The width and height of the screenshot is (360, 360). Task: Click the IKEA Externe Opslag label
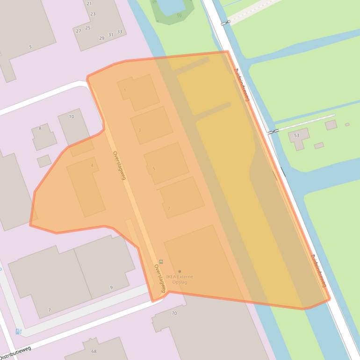(179, 279)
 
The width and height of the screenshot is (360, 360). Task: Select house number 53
(296, 135)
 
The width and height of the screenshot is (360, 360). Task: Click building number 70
(174, 313)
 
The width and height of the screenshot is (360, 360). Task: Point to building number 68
(94, 351)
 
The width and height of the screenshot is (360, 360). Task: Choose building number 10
(72, 116)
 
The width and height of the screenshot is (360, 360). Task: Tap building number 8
(40, 128)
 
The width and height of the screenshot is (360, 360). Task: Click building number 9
(111, 288)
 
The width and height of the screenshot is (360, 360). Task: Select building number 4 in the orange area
(92, 165)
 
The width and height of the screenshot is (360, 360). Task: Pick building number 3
(140, 130)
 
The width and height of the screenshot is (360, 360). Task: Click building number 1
(125, 90)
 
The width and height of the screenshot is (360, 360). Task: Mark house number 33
(120, 31)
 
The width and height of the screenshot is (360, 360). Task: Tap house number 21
(89, 3)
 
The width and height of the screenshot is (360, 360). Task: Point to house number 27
(79, 31)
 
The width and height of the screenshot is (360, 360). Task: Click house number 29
(102, 38)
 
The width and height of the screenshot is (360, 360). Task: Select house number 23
(93, 14)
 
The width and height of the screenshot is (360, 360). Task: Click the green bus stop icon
(161, 261)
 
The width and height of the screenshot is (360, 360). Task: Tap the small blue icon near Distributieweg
(18, 331)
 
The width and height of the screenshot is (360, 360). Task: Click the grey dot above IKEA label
(180, 271)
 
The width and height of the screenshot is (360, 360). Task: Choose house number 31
(111, 35)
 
